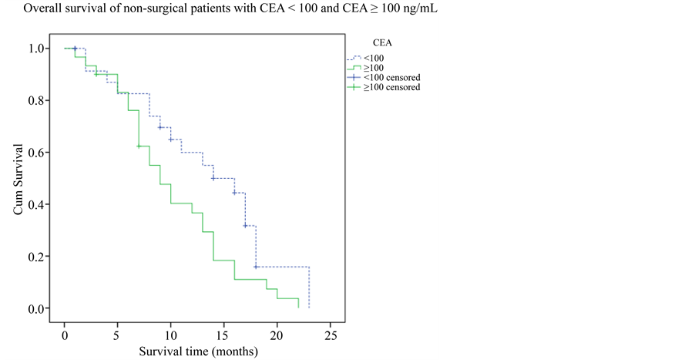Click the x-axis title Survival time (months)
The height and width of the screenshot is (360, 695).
[x=198, y=352]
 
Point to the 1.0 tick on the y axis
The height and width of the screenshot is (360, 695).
[x=36, y=49]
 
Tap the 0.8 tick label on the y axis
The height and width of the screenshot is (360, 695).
[x=36, y=100]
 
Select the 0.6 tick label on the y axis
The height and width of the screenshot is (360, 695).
[x=36, y=153]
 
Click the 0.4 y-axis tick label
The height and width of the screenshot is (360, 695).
[x=36, y=204]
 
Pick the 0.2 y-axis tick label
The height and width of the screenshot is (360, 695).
[x=36, y=257]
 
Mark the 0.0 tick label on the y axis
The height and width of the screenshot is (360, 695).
[x=36, y=308]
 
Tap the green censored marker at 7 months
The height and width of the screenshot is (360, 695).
[x=139, y=146]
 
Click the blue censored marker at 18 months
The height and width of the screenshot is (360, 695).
[x=256, y=267]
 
